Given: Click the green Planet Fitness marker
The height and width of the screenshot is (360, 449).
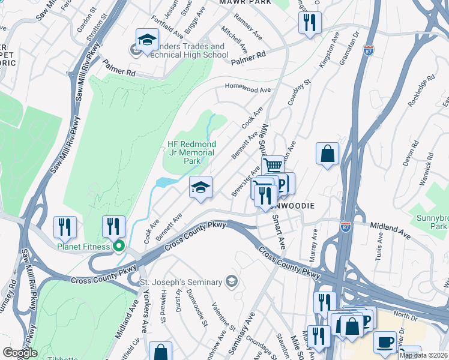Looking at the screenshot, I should (x=119, y=245).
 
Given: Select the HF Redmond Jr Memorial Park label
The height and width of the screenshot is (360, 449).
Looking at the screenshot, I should (x=191, y=152).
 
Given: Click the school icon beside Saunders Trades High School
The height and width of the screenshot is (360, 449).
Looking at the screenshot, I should (x=146, y=40).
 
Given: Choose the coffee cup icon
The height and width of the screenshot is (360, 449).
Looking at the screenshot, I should (x=385, y=342).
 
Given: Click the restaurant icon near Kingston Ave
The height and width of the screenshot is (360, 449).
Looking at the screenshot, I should (x=309, y=23).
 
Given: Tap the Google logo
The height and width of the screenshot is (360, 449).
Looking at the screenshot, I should (x=19, y=353).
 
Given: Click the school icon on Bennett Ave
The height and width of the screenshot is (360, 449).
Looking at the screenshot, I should (x=200, y=187).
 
